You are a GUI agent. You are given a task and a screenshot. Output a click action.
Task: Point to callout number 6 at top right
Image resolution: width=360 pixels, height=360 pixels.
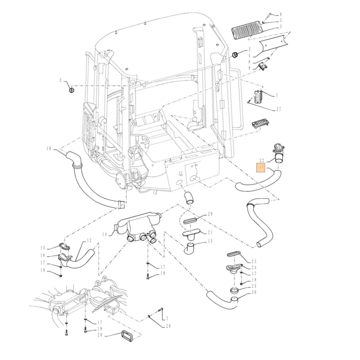pos(281,14)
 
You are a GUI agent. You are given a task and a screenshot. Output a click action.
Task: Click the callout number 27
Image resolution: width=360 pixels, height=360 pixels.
pos(278,109)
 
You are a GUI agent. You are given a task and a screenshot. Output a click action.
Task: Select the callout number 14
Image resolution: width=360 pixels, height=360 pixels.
pos(104,234)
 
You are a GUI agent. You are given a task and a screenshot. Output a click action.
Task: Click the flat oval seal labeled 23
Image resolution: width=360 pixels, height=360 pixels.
pos(233,255)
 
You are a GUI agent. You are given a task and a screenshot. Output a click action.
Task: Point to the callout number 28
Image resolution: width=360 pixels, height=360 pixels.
pos(168,326)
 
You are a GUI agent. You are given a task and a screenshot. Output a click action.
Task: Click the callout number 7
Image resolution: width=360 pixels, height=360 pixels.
pos(167,319)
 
